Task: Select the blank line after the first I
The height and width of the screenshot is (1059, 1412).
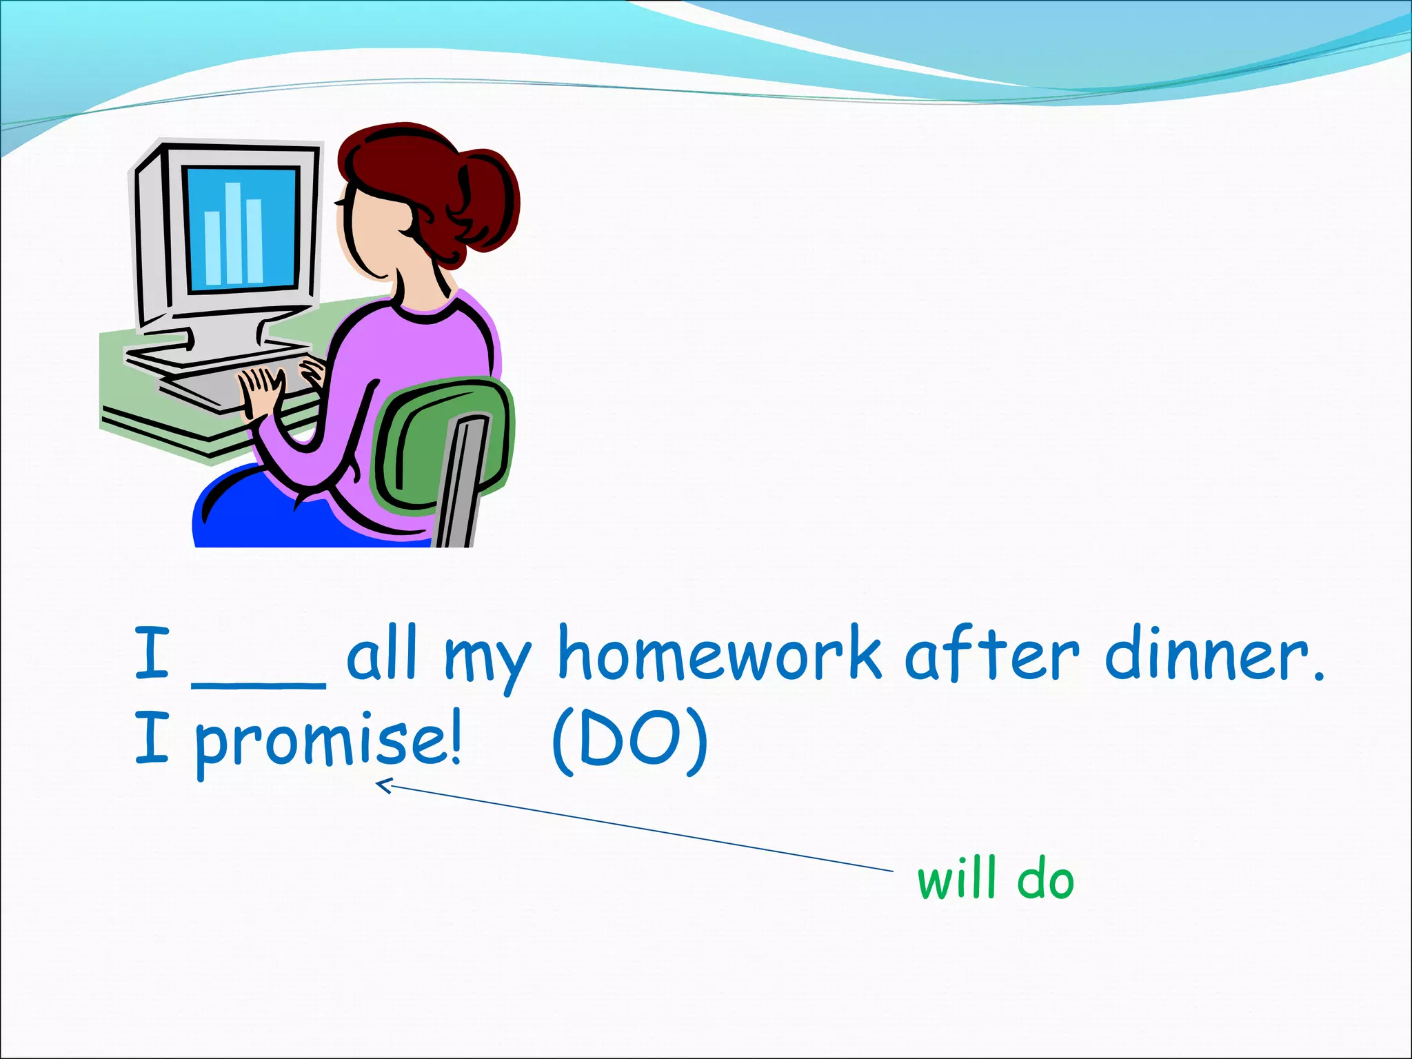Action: (x=259, y=683)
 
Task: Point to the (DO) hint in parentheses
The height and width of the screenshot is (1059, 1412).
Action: (x=629, y=742)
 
